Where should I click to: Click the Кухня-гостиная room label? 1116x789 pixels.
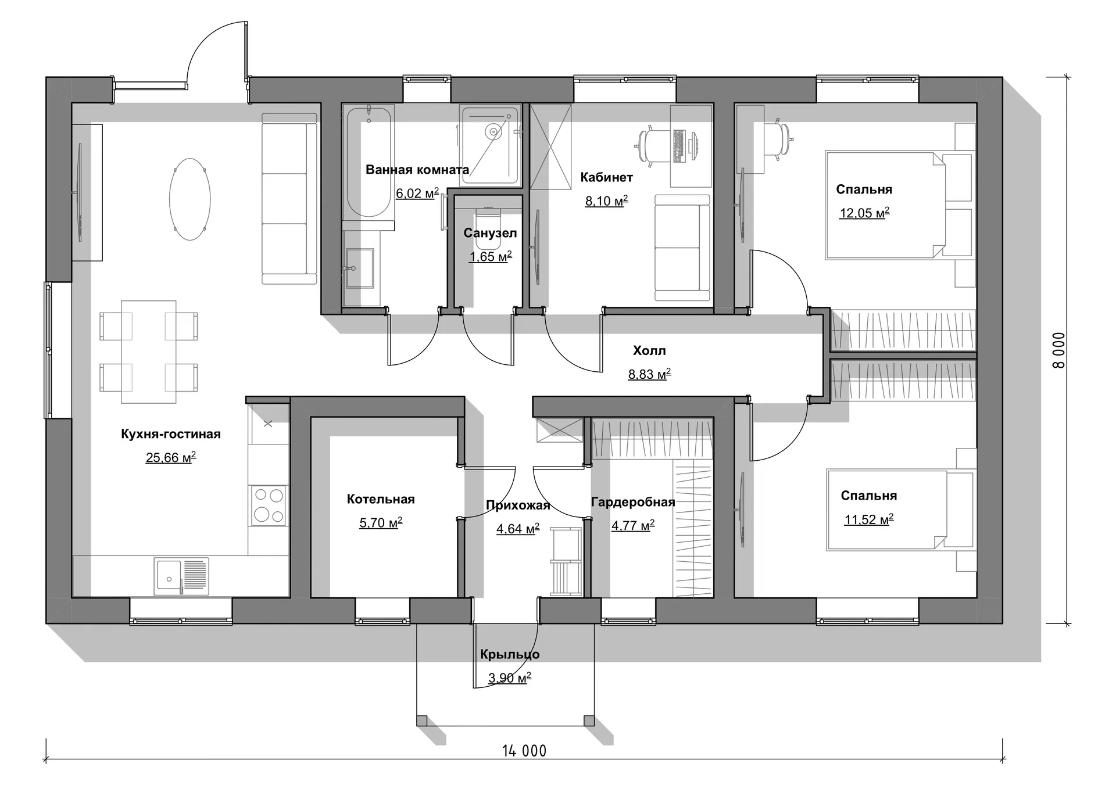(171, 434)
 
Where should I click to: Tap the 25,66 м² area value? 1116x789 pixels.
(171, 457)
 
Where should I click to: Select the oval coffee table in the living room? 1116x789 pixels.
(189, 199)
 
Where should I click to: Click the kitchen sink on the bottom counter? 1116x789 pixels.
(181, 576)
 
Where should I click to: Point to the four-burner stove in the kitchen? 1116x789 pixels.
(268, 505)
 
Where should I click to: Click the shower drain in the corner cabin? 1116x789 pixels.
(493, 132)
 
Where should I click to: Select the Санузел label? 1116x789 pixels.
(490, 233)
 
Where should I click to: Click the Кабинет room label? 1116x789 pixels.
(606, 177)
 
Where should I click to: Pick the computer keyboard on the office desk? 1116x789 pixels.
(677, 145)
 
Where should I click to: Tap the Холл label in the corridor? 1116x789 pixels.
(649, 350)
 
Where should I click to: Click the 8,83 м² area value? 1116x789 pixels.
(649, 374)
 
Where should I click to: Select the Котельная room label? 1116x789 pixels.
(381, 499)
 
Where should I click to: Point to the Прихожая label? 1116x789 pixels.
(518, 505)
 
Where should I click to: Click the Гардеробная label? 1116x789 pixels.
(633, 502)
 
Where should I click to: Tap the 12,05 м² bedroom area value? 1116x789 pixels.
(864, 213)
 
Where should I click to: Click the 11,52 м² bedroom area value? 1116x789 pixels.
(868, 519)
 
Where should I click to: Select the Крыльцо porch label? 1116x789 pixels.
(510, 654)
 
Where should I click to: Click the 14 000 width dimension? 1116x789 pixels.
(524, 751)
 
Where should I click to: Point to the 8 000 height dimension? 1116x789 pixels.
(1058, 350)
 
